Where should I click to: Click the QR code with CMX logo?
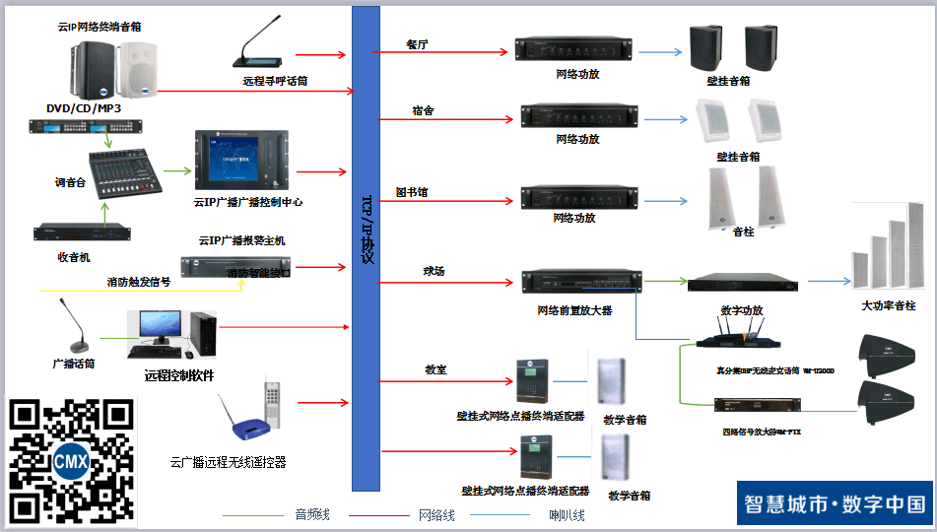point(71,460)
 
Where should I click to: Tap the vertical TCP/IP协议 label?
point(367,229)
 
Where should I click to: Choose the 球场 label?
point(435,270)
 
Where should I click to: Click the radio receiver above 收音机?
point(80,233)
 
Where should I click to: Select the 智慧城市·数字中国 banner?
point(834,503)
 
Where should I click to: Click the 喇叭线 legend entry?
point(567,515)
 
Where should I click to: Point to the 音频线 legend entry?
point(312,515)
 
